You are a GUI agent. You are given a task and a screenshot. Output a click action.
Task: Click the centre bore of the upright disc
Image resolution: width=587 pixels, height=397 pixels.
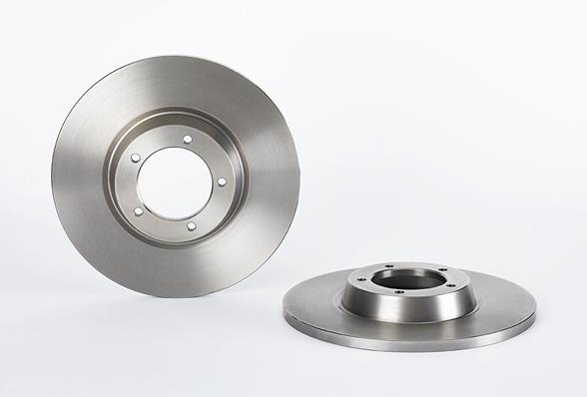176,183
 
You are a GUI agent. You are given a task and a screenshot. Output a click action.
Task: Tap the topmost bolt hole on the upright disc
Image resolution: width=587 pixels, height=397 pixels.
187,139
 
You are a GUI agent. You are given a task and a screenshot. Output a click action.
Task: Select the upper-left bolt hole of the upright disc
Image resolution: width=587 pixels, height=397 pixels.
136,158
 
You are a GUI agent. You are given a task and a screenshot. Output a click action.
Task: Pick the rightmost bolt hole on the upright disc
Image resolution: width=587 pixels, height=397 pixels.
221,182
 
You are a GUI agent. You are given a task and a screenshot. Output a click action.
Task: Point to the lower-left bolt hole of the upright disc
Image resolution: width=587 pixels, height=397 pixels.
138,210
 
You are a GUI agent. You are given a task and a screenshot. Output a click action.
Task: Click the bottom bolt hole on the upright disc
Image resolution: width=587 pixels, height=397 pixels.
190,226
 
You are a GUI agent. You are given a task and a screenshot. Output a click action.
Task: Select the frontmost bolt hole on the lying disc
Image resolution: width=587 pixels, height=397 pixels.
399,292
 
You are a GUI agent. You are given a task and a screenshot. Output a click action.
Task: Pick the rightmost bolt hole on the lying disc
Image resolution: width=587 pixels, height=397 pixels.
450,284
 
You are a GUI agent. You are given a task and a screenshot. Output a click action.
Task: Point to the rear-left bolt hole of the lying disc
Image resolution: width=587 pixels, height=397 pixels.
388,266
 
